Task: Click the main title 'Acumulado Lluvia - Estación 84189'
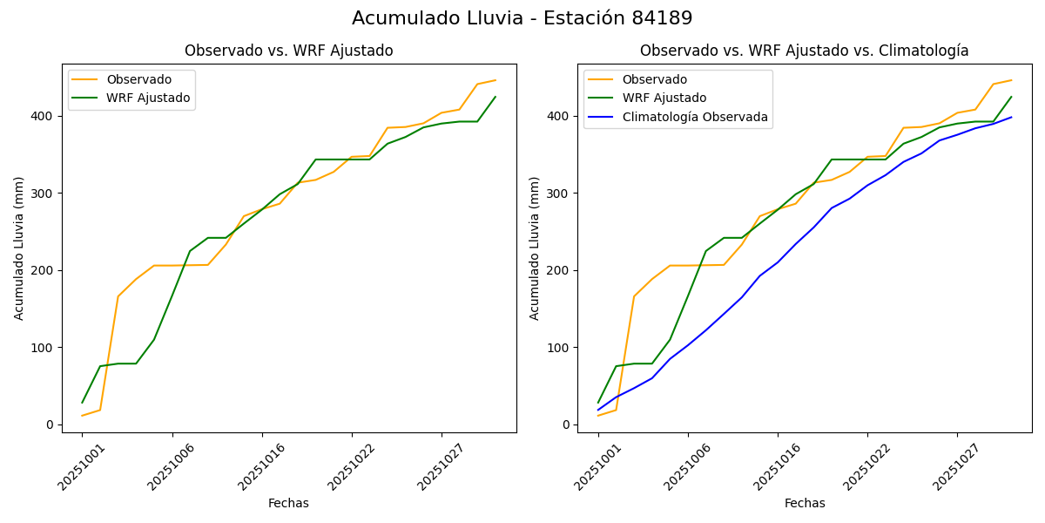(522, 18)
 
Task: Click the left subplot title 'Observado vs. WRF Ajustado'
(288, 51)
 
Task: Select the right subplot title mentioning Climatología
(804, 51)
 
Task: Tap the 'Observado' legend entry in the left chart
(138, 79)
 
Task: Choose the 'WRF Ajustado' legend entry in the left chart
(148, 98)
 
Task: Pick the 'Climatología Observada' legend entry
(695, 117)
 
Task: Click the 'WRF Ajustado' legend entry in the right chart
(664, 98)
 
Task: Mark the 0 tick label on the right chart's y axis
(566, 425)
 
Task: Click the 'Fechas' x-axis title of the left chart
(288, 503)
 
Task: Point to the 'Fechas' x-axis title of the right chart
(805, 503)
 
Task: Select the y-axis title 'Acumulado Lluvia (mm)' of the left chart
(19, 248)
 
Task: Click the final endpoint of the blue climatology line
(1011, 117)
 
